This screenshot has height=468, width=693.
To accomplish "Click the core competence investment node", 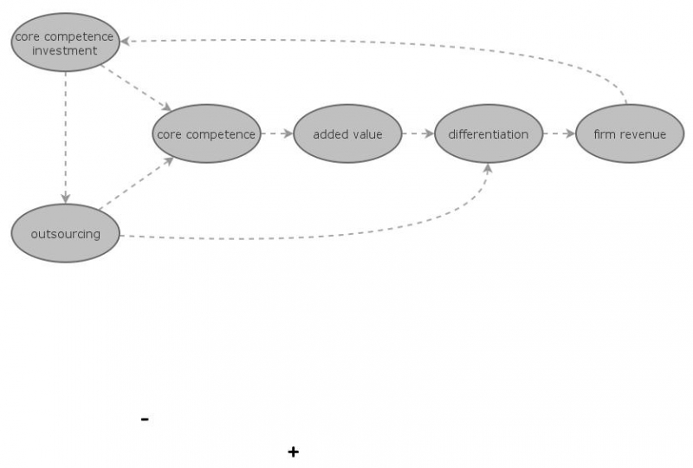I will point(65,42).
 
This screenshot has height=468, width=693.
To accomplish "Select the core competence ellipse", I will point(206,133).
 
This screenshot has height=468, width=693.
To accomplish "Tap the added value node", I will point(347,133).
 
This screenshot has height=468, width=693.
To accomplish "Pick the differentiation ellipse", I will point(488,133).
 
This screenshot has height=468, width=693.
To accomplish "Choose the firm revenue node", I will point(630,133).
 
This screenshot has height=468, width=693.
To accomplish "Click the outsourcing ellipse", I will point(65,233).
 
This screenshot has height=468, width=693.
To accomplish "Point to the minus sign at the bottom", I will point(145,419).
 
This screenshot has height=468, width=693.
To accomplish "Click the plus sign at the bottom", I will point(294,452).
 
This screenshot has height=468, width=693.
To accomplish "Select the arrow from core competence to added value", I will point(277,133).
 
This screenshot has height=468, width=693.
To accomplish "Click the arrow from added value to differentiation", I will point(418,133).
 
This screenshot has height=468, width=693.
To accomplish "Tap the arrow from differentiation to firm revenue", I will point(559,133).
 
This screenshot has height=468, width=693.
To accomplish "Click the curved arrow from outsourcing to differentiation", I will point(346,232).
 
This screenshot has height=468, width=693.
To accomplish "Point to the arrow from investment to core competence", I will point(134,88).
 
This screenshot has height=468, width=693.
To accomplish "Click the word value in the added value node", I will point(366,134).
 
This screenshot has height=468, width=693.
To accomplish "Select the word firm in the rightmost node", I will point(604,134).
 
